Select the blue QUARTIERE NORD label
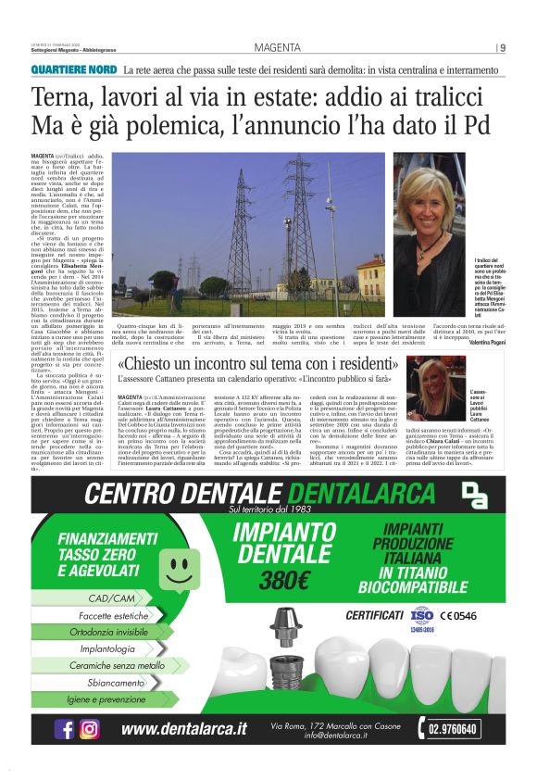(74, 70)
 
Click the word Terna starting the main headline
(65, 97)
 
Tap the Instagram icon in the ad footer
(90, 728)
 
